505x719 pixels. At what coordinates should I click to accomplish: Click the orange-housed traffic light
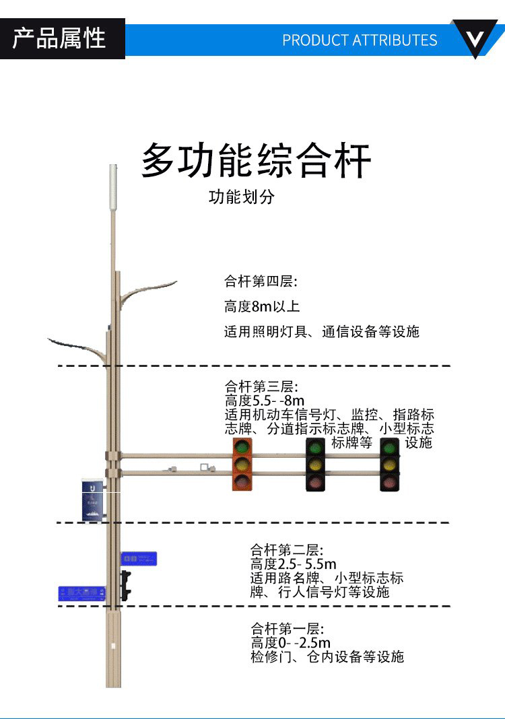(242, 464)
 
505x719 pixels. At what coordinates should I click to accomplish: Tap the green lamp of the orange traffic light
(242, 447)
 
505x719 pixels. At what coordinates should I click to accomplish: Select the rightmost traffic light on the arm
(389, 464)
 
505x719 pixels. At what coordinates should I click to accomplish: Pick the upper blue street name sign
(139, 558)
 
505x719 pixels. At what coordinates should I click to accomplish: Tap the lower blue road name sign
(82, 593)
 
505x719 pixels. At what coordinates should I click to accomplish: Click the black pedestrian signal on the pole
(125, 584)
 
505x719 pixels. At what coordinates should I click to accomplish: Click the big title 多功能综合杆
(256, 161)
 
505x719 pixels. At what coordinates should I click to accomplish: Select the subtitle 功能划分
(242, 197)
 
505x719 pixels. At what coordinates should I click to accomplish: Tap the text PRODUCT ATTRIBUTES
(360, 40)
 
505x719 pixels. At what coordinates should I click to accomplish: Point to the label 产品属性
(60, 38)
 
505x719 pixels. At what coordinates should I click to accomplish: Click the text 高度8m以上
(262, 306)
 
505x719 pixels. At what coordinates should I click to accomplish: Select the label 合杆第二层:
(287, 550)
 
